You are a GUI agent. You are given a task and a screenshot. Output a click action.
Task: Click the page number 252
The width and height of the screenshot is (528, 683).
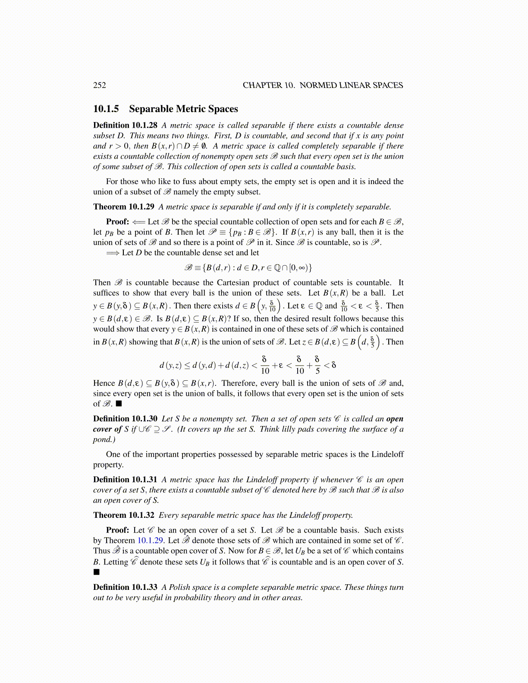pos(100,85)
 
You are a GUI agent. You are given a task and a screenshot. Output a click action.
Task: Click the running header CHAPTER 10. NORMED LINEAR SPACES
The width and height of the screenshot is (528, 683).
pos(323,85)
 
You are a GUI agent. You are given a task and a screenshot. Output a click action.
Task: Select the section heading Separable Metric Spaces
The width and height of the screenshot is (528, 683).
pos(183,109)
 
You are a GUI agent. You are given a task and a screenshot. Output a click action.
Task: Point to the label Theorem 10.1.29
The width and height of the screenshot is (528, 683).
pos(123,207)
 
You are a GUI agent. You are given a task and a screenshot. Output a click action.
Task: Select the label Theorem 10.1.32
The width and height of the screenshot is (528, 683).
pos(123,515)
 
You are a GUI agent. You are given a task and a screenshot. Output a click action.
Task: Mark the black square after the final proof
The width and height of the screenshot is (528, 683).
pos(97,572)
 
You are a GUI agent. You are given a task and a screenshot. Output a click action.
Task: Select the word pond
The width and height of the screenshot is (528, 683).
pos(101,439)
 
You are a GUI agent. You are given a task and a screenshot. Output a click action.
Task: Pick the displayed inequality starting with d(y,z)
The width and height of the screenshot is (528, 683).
pos(248,365)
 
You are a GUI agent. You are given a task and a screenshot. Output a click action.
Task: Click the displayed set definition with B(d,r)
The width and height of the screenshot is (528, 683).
pos(248,268)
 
